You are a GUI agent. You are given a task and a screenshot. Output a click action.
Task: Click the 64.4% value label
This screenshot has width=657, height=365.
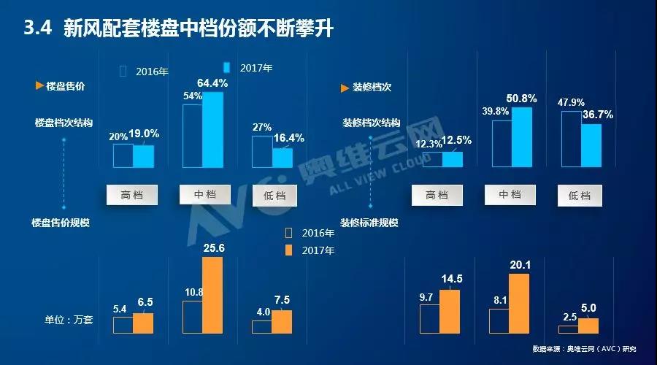click(x=212, y=84)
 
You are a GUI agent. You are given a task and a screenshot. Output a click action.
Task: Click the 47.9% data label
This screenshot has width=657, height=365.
click(x=571, y=102)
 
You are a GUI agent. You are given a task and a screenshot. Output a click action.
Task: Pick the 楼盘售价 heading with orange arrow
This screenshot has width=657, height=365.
click(x=61, y=86)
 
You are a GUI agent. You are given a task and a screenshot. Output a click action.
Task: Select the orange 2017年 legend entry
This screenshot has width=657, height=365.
click(x=310, y=250)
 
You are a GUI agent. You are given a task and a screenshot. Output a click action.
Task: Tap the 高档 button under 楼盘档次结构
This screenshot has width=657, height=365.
click(x=132, y=195)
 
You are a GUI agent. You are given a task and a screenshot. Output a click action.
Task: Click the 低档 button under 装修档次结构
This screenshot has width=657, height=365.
click(x=580, y=196)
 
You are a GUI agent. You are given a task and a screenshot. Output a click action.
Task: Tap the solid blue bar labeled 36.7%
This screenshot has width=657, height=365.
click(x=591, y=145)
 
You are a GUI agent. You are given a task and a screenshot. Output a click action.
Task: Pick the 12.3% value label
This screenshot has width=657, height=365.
click(x=429, y=144)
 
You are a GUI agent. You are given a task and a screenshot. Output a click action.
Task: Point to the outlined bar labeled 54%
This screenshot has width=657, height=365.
click(x=192, y=136)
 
